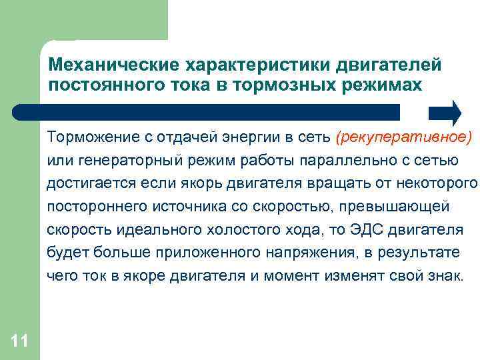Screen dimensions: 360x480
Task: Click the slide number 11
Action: point(19,341)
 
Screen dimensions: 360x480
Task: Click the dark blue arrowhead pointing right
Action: point(446,113)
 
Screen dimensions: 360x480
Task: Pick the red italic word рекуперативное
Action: point(405,138)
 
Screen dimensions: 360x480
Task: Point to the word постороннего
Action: point(91,206)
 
